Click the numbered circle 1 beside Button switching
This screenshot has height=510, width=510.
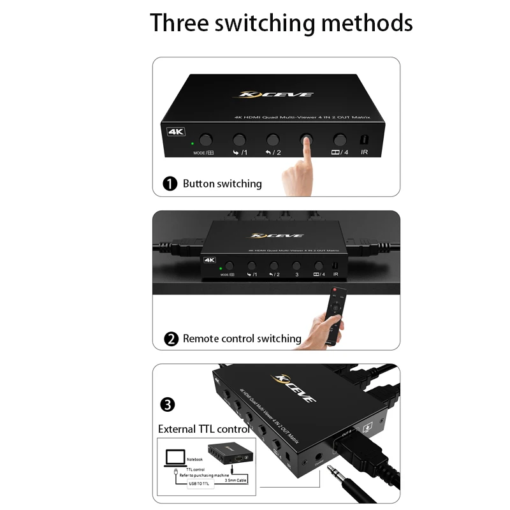pos(170,184)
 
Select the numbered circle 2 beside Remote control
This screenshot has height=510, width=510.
pos(171,339)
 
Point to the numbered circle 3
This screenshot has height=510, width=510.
pos(167,404)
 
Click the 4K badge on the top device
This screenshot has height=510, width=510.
pos(176,132)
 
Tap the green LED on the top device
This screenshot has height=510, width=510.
pos(191,143)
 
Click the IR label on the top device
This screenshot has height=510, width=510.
pos(364,152)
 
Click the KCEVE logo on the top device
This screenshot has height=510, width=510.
pos(276,94)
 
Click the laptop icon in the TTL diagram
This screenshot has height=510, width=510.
pos(175,458)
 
